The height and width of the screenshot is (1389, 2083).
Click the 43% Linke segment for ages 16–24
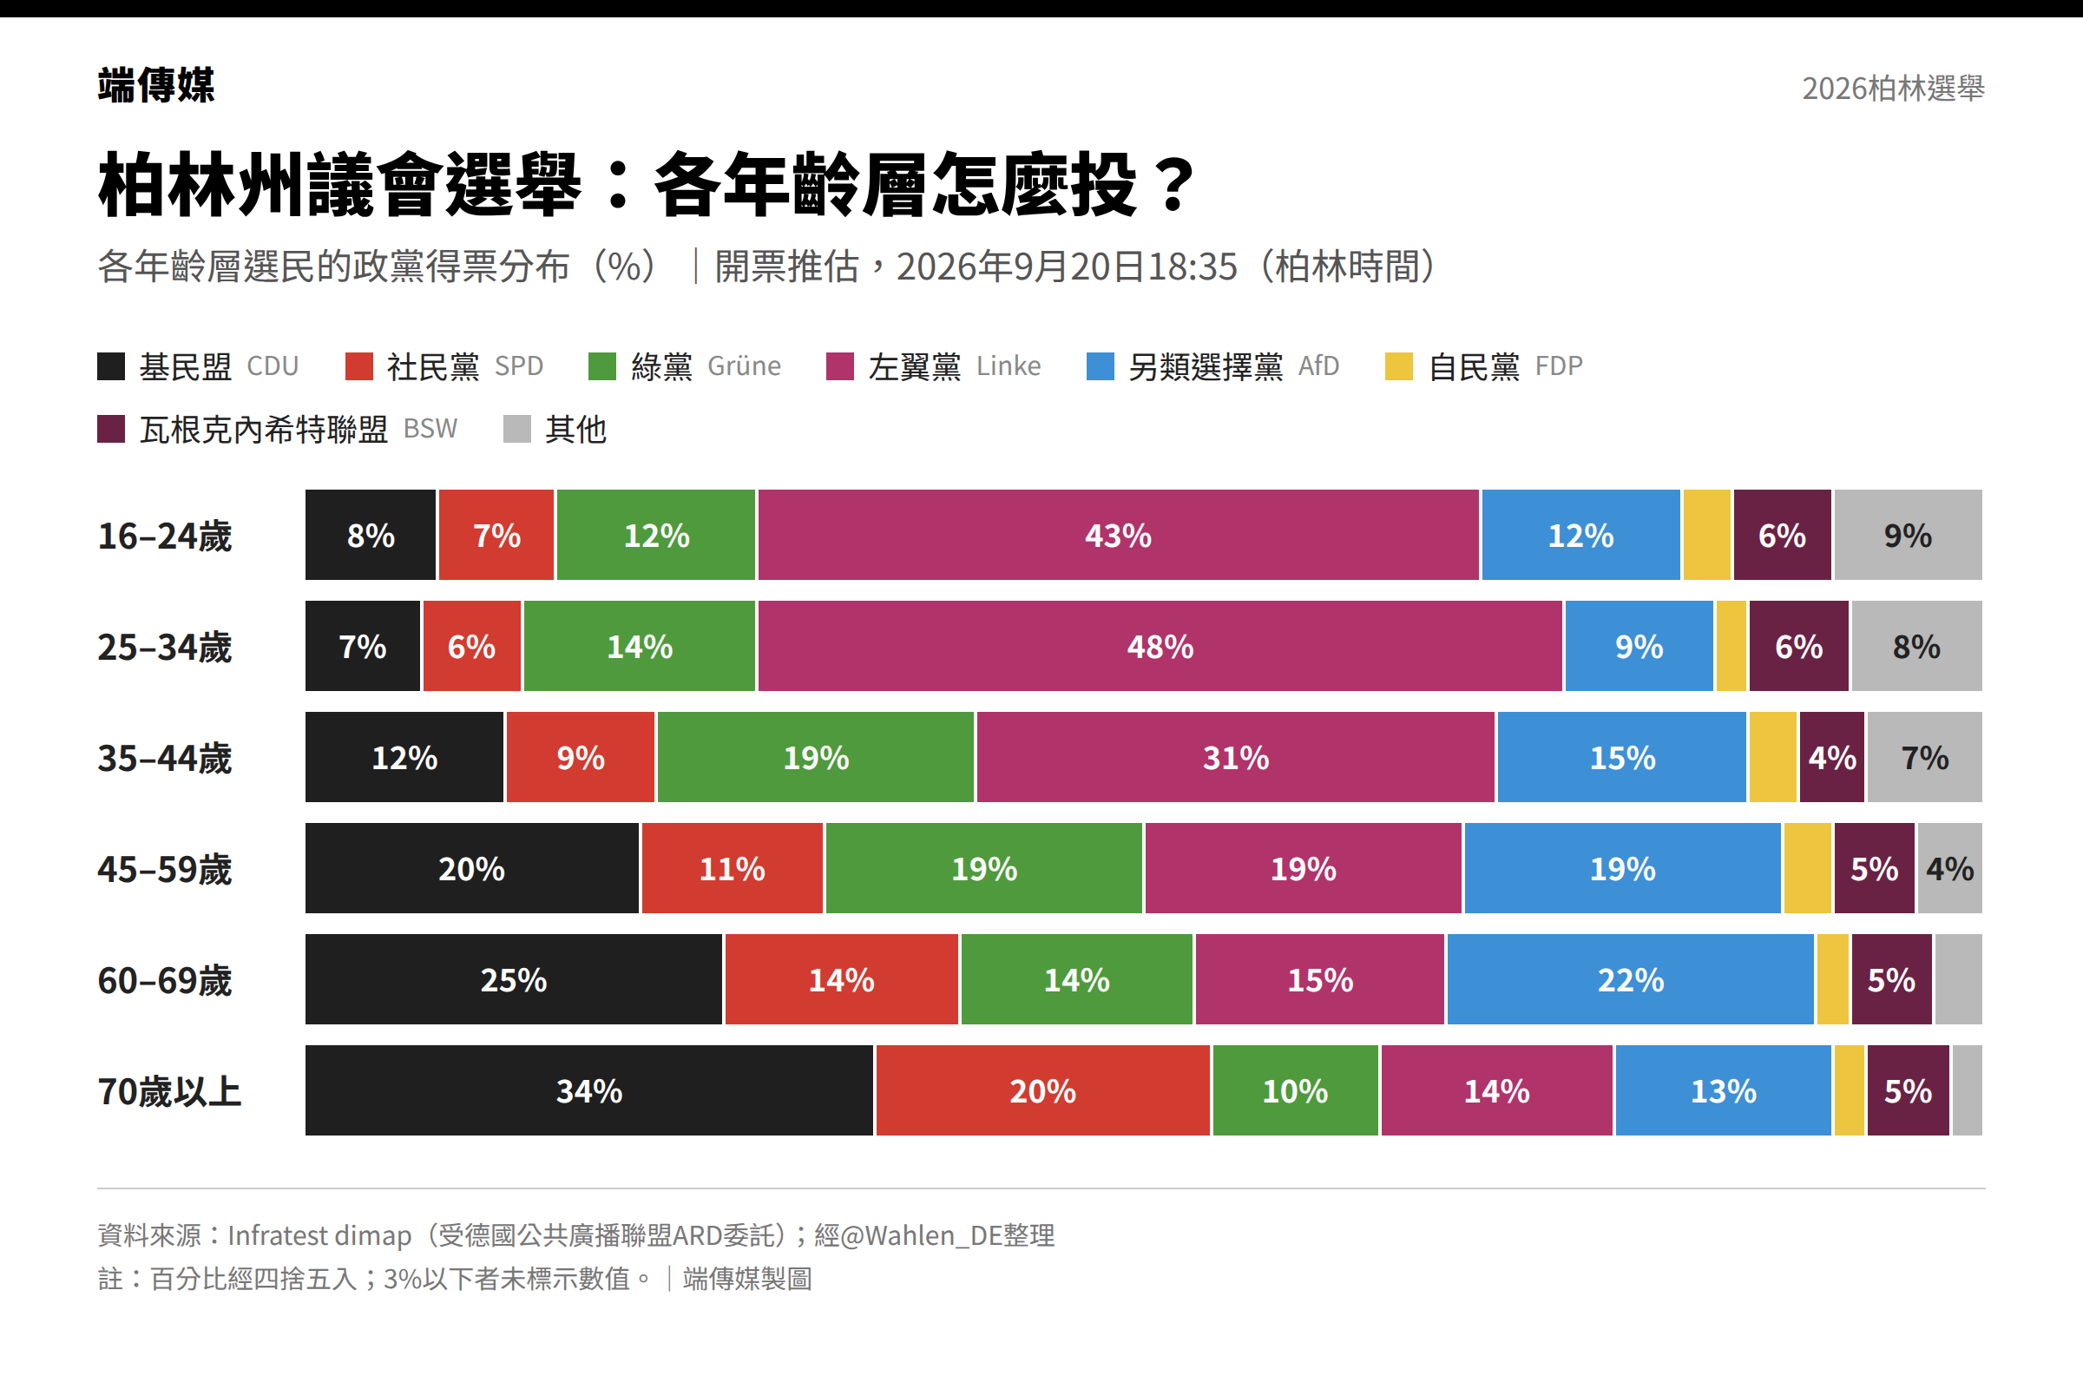pyautogui.click(x=1118, y=535)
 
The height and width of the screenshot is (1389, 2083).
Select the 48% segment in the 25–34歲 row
pyautogui.click(x=1160, y=646)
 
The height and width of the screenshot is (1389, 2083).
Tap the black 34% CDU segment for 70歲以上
pyautogui.click(x=589, y=1090)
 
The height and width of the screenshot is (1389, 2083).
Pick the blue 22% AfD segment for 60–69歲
pyautogui.click(x=1631, y=979)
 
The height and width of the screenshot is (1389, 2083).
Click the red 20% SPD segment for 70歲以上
pyautogui.click(x=1043, y=1090)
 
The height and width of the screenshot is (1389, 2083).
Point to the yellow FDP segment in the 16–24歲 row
pyautogui.click(x=1706, y=535)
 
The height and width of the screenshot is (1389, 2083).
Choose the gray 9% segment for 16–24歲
pyautogui.click(x=1909, y=535)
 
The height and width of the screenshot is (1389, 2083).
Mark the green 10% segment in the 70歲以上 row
pyautogui.click(x=1296, y=1090)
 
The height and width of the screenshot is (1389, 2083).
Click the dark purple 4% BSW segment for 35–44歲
pyautogui.click(x=1832, y=757)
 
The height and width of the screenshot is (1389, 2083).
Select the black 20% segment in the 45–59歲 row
pyautogui.click(x=472, y=868)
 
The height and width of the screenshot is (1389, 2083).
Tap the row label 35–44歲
pyautogui.click(x=165, y=758)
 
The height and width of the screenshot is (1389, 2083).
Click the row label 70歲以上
pyautogui.click(x=169, y=1091)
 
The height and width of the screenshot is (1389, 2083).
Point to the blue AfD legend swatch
pyautogui.click(x=1100, y=365)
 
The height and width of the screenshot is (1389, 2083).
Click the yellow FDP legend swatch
pyautogui.click(x=1398, y=365)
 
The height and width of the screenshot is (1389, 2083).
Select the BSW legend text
pyautogui.click(x=430, y=429)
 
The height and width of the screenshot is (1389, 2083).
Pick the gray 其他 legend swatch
pyautogui.click(x=517, y=429)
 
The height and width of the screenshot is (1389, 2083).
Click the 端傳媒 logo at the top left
pyautogui.click(x=156, y=85)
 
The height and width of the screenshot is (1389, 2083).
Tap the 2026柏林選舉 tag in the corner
pyautogui.click(x=1894, y=88)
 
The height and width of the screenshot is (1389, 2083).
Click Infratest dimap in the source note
pyautogui.click(x=319, y=1234)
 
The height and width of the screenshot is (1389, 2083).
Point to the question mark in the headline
pyautogui.click(x=1175, y=184)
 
